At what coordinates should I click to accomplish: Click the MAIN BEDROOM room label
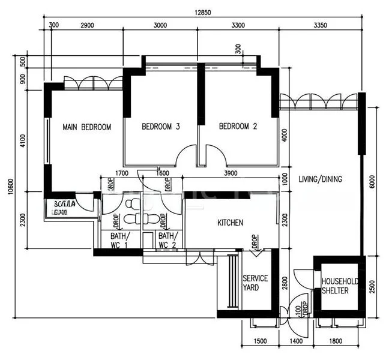coord(87,127)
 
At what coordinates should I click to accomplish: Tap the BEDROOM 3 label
coord(161,127)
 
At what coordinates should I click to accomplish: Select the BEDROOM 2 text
coord(238,127)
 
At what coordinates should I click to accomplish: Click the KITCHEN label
coord(230,223)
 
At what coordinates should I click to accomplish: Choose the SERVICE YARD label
coord(255,283)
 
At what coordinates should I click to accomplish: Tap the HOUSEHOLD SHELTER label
coord(340,286)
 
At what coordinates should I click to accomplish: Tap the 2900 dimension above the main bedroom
coord(88,25)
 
